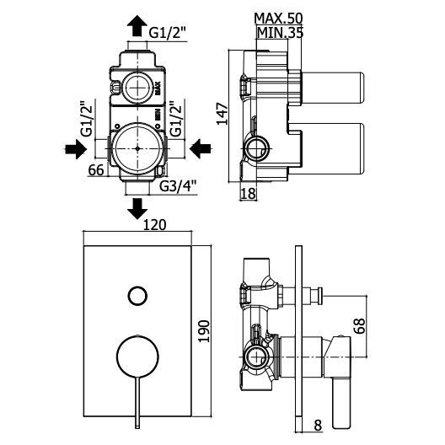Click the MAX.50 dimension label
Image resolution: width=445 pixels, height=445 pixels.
[x=278, y=19]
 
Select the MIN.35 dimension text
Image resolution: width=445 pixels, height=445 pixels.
[x=280, y=33]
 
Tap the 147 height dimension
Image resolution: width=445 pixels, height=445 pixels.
[x=222, y=114]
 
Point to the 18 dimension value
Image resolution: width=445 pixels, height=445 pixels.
[x=248, y=194]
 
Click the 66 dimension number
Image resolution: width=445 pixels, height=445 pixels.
[x=96, y=170]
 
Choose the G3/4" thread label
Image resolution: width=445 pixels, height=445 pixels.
[x=178, y=186]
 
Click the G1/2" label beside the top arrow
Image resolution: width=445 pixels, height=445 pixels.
[x=168, y=33]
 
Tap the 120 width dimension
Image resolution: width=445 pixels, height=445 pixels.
[x=154, y=225]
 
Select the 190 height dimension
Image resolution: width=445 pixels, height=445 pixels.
[x=204, y=331]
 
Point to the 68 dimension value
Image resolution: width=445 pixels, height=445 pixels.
[x=359, y=326]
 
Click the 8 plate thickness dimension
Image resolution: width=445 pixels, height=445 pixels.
[x=318, y=425]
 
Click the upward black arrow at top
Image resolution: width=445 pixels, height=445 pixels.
[x=137, y=25]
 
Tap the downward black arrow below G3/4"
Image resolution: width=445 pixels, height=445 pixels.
[x=137, y=209]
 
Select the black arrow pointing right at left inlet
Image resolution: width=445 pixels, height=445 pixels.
[x=76, y=148]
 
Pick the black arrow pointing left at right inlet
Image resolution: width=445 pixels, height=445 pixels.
[x=200, y=148]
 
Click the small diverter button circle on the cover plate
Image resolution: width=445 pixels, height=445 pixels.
[x=137, y=296]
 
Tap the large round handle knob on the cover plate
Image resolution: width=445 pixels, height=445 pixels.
[x=137, y=357]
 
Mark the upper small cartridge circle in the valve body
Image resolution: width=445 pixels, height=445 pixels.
[x=137, y=88]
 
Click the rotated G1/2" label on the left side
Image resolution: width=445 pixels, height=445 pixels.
[x=87, y=119]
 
